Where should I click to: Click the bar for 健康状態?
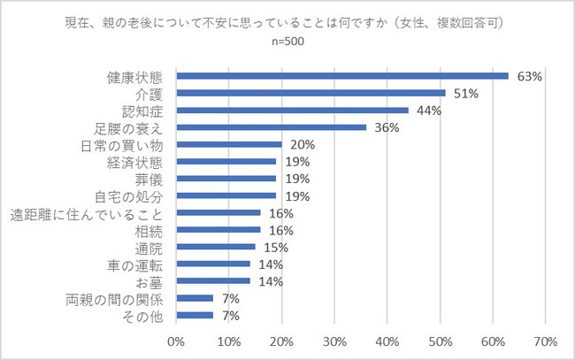click(342, 76)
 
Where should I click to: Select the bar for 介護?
click(310, 93)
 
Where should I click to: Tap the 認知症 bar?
click(292, 111)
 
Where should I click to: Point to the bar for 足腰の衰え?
click(271, 127)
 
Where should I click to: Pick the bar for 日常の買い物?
click(228, 144)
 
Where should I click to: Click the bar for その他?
click(195, 315)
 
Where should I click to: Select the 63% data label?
click(529, 77)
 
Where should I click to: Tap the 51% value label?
click(465, 93)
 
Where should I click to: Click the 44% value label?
click(428, 111)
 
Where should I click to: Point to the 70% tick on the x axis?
click(544, 341)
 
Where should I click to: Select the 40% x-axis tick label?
click(387, 341)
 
